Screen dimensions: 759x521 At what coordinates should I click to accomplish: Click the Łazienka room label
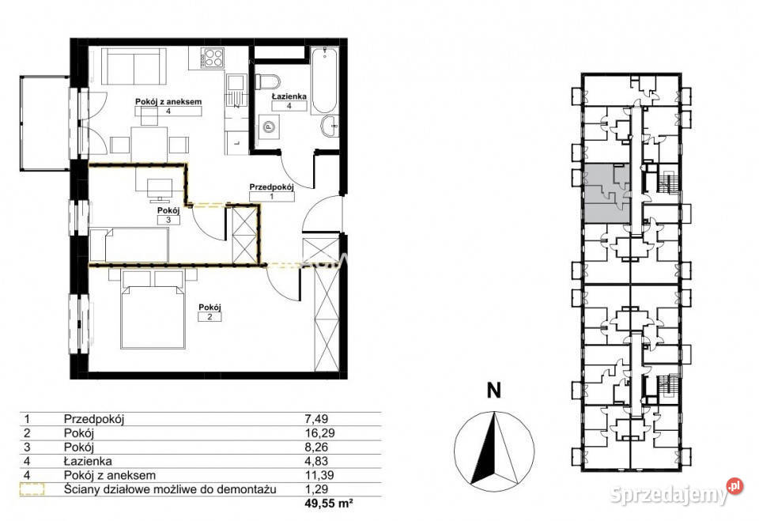pos(289,96)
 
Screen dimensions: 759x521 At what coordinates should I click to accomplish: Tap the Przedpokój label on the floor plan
pos(271,187)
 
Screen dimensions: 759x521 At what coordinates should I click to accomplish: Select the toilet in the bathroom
pos(268,82)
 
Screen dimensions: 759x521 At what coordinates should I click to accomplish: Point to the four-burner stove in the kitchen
pos(213,58)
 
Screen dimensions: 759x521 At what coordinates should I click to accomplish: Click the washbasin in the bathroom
pos(330,126)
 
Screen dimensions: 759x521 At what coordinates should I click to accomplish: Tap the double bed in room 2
pos(153,309)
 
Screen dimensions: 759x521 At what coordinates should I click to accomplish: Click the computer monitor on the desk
pos(159,190)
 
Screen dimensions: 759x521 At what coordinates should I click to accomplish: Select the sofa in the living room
pos(133,66)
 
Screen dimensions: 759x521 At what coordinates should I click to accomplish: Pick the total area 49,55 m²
pos(329,503)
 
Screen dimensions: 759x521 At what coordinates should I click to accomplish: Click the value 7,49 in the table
pos(316,419)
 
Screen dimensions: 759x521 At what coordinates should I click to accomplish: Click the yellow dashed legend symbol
pos(32,489)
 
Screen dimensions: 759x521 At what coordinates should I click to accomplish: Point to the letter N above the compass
pos(493,391)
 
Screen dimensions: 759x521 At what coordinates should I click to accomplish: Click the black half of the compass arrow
pos(485,451)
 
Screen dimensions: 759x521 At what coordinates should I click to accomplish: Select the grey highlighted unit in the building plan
pos(607,194)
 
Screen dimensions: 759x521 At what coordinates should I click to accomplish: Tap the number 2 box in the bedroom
pos(210,317)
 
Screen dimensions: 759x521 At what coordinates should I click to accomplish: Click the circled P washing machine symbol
pos(268,127)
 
